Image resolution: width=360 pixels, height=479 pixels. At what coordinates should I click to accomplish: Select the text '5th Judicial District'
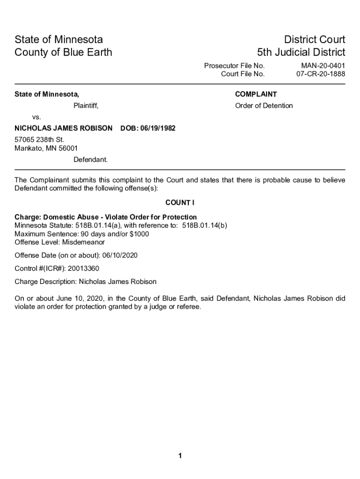tap(301, 52)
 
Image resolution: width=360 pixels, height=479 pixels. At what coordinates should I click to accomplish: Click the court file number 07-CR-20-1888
tap(321, 74)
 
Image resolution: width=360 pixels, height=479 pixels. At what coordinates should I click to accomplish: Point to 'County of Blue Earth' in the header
tap(64, 52)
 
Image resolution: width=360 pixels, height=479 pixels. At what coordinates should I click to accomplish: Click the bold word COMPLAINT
tap(256, 94)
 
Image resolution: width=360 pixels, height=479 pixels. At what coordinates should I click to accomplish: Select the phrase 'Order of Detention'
tap(264, 106)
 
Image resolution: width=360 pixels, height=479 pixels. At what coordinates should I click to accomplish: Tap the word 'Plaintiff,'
tap(86, 106)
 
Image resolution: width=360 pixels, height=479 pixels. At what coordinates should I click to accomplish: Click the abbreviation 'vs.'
tap(36, 116)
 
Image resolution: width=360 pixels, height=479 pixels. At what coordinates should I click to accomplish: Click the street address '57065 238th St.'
tap(39, 140)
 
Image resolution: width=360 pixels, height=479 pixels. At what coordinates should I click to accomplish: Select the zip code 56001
tap(67, 148)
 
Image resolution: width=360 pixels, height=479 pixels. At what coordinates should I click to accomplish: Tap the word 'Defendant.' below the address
tap(90, 160)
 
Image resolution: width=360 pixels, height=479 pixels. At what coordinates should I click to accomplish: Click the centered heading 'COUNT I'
tap(180, 203)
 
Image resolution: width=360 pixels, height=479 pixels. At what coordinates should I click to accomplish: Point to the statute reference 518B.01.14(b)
tap(204, 225)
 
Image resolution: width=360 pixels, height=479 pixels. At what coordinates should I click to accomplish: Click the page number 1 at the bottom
tap(180, 457)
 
